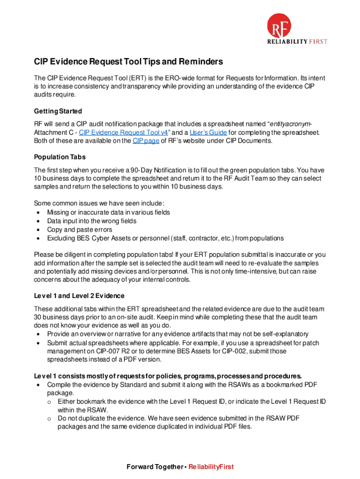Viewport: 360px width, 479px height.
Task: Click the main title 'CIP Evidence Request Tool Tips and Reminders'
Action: pyautogui.click(x=128, y=62)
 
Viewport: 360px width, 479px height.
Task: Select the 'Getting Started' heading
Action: pyautogui.click(x=58, y=111)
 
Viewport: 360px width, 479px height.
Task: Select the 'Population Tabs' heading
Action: pyautogui.click(x=59, y=157)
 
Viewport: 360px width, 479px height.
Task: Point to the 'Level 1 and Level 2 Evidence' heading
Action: pyautogui.click(x=79, y=296)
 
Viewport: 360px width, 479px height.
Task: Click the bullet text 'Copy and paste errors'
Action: pyautogui.click(x=79, y=230)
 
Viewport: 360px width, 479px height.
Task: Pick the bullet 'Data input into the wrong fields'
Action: pyautogui.click(x=92, y=221)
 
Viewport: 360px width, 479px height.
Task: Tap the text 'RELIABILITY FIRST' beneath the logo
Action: pyautogui.click(x=297, y=42)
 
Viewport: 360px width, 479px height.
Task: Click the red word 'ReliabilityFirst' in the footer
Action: pyautogui.click(x=211, y=467)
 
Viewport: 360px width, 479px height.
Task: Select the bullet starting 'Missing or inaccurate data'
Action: pyautogui.click(x=108, y=212)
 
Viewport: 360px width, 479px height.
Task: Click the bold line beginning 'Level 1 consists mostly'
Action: pyautogui.click(x=168, y=376)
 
